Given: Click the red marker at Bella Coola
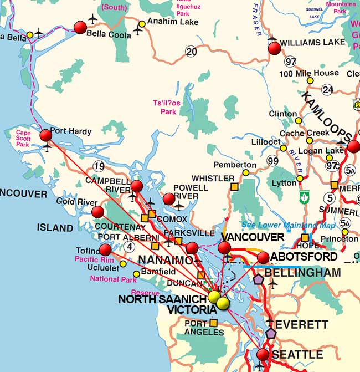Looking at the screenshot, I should pyautogui.click(x=80, y=27).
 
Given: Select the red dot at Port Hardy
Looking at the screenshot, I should pyautogui.click(x=46, y=135).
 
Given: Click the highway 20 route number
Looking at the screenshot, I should pyautogui.click(x=192, y=52).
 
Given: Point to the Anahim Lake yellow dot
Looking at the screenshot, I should pyautogui.click(x=142, y=24).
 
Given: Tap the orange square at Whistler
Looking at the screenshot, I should pyautogui.click(x=234, y=187).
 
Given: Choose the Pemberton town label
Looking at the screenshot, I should pyautogui.click(x=235, y=165).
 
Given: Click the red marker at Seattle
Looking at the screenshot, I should pyautogui.click(x=262, y=354).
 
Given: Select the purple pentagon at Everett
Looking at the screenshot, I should pyautogui.click(x=271, y=333).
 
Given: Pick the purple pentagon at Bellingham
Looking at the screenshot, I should pyautogui.click(x=258, y=278).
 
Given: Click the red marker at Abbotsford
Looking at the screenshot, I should pyautogui.click(x=263, y=257).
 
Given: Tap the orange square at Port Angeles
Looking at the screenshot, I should pyautogui.click(x=213, y=323).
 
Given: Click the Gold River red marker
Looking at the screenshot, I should pyautogui.click(x=97, y=212).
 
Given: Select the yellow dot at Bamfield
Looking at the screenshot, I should pyautogui.click(x=138, y=272).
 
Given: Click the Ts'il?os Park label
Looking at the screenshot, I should pyautogui.click(x=164, y=107).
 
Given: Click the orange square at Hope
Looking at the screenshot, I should pyautogui.click(x=305, y=238).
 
